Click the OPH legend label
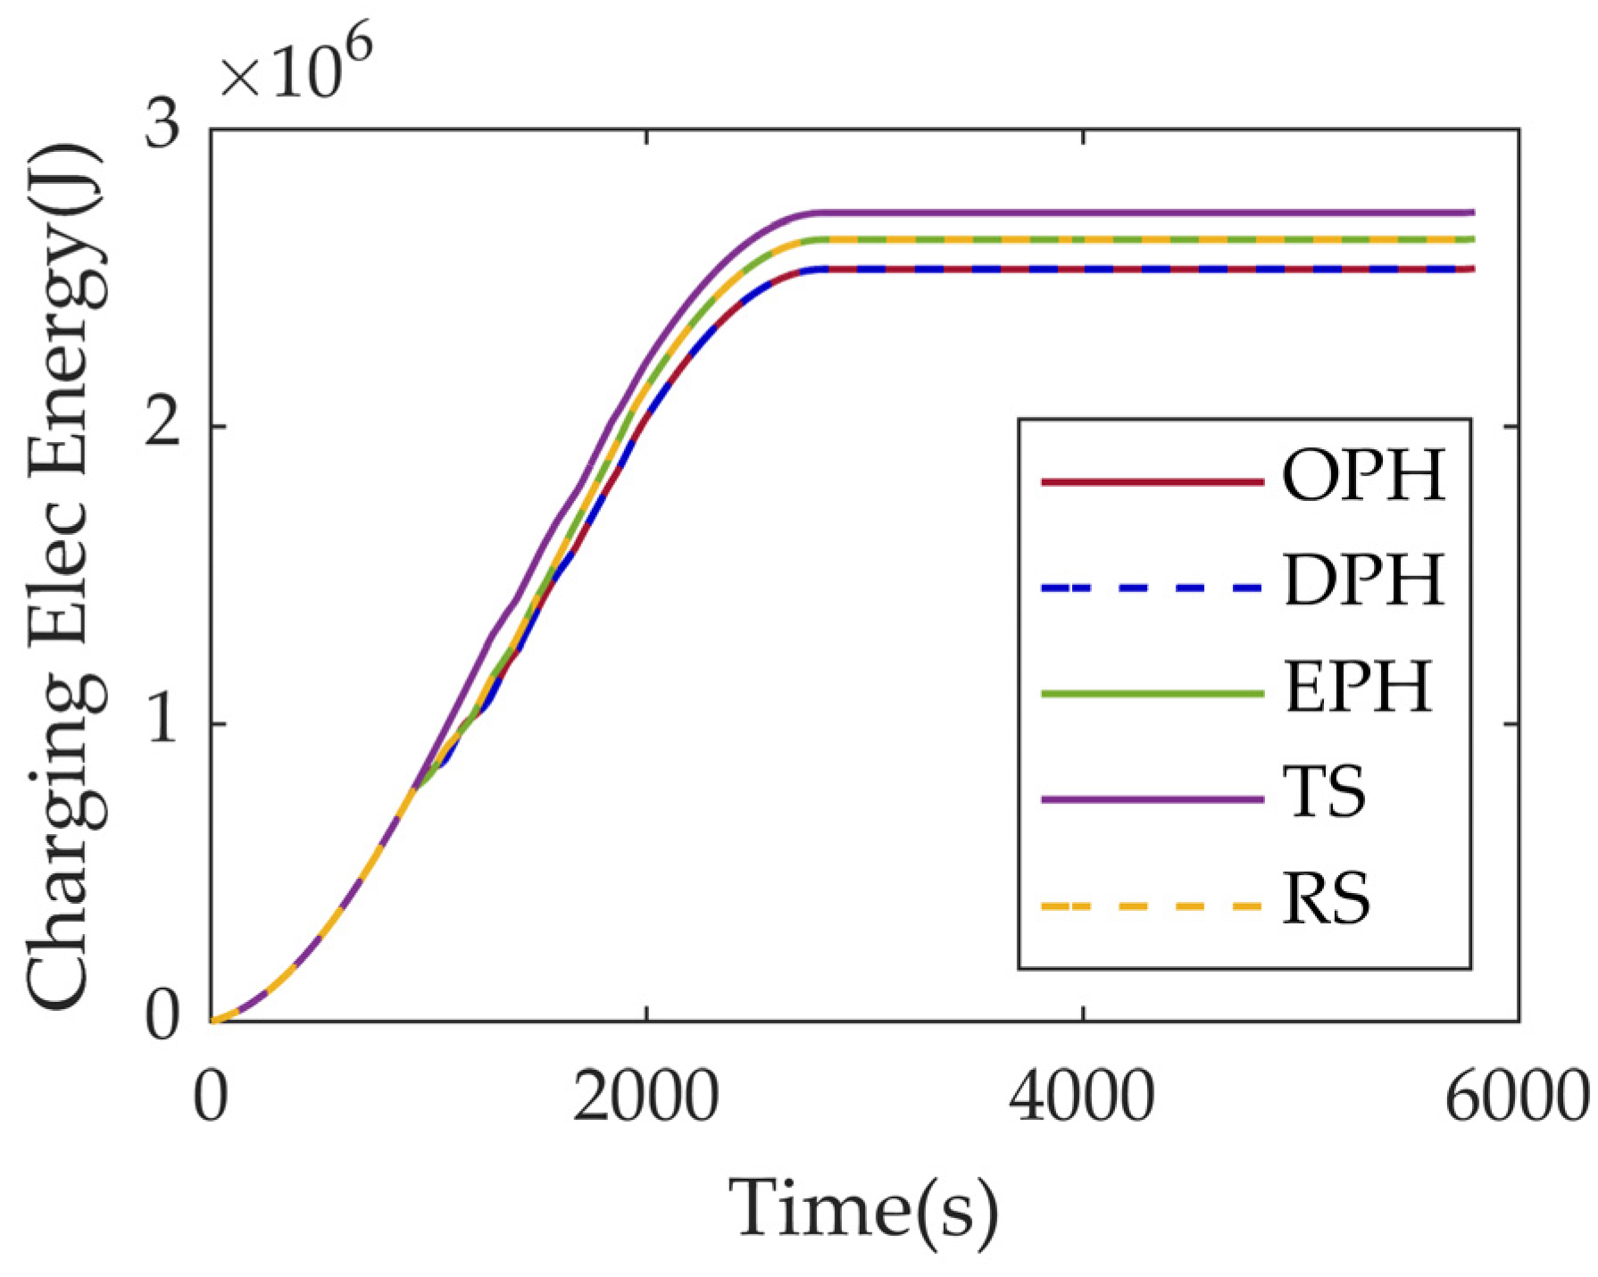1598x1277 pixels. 1363,476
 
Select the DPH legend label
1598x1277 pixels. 1363,581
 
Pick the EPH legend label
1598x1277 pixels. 1358,687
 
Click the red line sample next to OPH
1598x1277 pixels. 1152,482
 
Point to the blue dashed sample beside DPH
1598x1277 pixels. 1152,588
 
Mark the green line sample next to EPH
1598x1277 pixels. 1152,693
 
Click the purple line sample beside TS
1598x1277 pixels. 1152,798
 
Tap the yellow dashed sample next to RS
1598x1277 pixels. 1152,906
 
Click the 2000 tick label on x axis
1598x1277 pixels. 645,1098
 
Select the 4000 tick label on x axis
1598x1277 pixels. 1082,1098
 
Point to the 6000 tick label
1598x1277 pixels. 1516,1098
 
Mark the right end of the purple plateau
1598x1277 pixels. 1472,213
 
